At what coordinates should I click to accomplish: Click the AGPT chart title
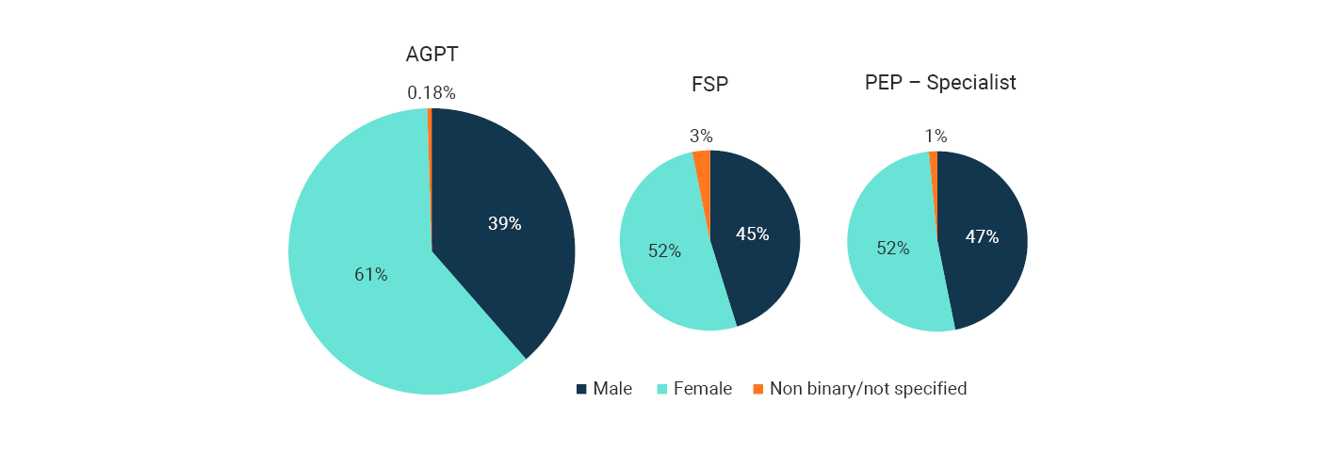(432, 55)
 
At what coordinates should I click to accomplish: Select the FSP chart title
(709, 84)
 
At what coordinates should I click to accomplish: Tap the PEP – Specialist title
(940, 83)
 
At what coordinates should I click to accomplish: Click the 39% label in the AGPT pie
(504, 224)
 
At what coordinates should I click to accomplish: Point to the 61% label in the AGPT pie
(370, 275)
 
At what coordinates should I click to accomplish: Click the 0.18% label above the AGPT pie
(432, 93)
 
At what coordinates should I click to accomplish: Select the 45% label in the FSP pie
(752, 234)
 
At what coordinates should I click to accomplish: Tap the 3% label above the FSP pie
(701, 137)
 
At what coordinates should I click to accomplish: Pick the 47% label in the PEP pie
(981, 237)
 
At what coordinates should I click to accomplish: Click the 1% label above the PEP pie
(936, 137)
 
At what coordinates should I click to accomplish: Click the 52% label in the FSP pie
(664, 251)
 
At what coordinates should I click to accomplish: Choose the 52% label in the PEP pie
(892, 249)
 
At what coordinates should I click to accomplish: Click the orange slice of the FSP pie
(703, 166)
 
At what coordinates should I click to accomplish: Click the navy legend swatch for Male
(581, 389)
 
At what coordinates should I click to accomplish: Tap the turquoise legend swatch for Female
(661, 389)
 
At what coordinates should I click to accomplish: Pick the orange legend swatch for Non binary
(757, 389)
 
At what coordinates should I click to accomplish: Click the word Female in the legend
(702, 389)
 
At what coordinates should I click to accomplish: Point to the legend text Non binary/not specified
(868, 389)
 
